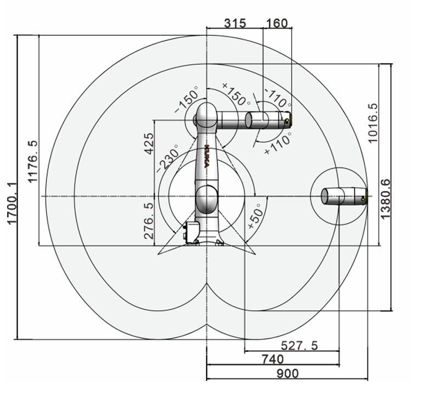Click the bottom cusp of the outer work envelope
(207, 324)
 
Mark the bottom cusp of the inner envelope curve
(207, 284)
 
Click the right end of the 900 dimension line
(367, 379)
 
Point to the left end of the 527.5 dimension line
(245, 351)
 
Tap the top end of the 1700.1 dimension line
(18, 36)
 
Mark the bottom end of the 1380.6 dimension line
(391, 311)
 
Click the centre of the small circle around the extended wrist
(339, 196)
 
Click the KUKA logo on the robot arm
(207, 156)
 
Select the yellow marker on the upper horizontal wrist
(286, 121)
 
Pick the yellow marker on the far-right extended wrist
(363, 199)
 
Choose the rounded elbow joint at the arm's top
(206, 115)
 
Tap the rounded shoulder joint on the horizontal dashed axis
(207, 199)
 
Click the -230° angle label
(168, 158)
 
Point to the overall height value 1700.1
(13, 203)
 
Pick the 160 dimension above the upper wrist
(277, 23)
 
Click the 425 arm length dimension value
(149, 144)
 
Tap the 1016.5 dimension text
(372, 123)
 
